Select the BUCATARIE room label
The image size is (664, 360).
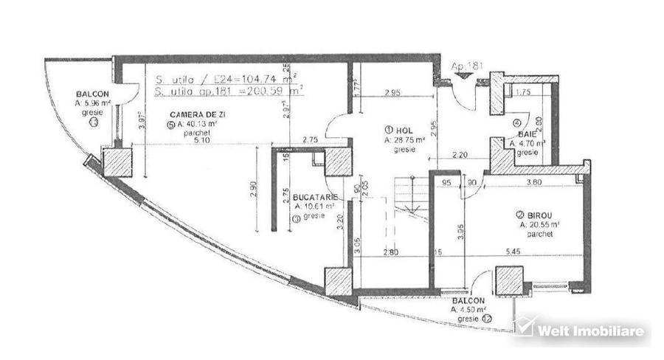point(315,198)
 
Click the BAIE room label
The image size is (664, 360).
point(526,135)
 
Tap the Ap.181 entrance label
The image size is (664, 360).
point(468,66)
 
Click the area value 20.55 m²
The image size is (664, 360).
point(539,224)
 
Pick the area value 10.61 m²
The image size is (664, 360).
point(316,207)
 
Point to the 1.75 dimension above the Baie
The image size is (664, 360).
point(523,92)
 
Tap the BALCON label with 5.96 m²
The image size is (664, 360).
point(92,94)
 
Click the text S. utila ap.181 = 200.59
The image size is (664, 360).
point(229,92)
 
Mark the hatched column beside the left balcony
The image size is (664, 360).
point(117,162)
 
